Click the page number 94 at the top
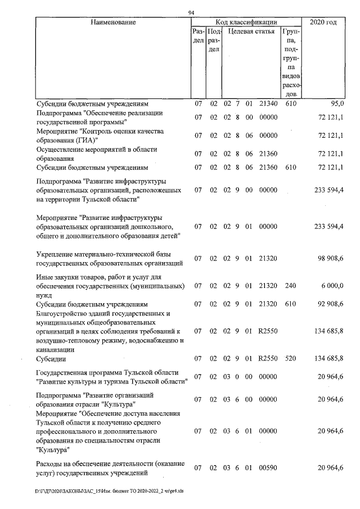point(191,13)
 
